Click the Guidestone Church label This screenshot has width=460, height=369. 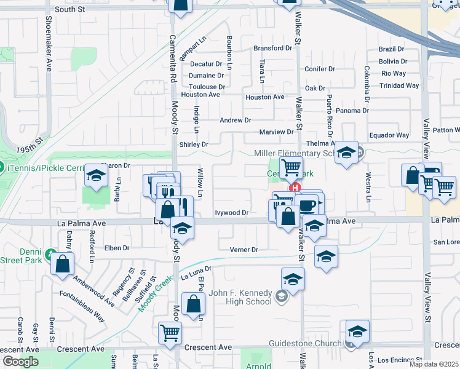[304, 343]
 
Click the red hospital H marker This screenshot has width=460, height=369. [295, 188]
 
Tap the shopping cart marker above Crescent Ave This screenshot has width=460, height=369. [170, 333]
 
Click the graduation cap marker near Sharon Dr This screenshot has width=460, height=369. [97, 176]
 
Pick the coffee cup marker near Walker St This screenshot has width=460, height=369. [307, 204]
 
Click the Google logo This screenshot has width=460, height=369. [20, 362]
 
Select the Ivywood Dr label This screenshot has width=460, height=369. [231, 213]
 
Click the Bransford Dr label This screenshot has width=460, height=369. [273, 48]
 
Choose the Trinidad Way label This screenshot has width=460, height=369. [400, 85]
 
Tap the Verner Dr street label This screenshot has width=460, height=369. [244, 250]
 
